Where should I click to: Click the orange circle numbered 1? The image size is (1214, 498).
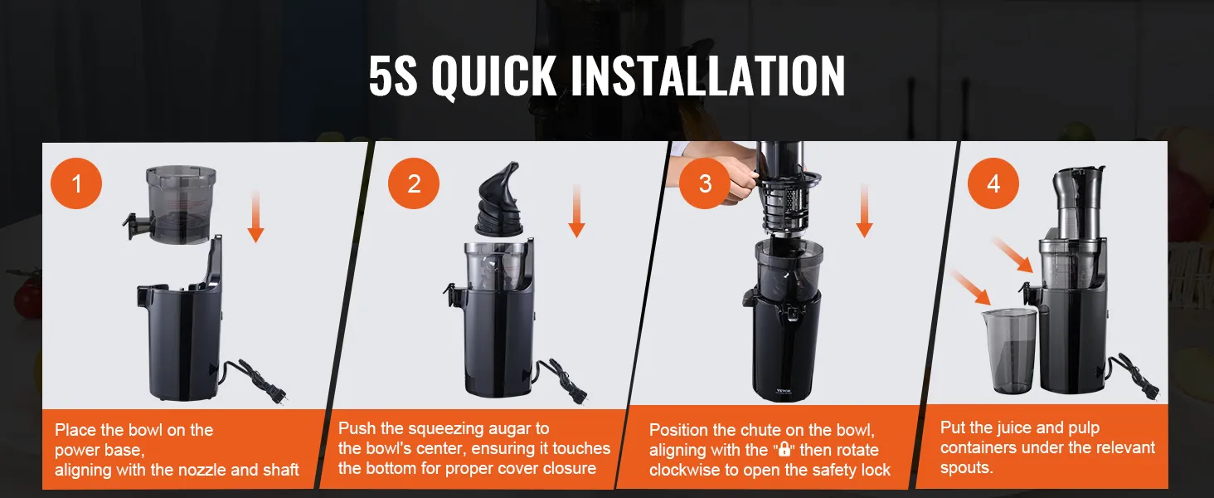coord(76,183)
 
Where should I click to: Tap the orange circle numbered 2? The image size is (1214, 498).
coord(414,183)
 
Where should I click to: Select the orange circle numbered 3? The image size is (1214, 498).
coord(705,183)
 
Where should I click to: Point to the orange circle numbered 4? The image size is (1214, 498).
coord(993,183)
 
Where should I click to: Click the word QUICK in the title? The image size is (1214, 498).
coord(493,76)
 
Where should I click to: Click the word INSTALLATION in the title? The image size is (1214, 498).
coord(708,76)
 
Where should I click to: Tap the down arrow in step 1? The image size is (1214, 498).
coord(255,216)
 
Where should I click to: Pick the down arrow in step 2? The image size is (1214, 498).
coord(576,211)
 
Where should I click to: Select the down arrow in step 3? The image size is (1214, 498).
coord(864,211)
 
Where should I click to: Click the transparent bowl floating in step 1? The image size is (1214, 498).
coord(173,204)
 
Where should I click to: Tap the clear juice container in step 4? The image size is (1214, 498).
coord(1009,350)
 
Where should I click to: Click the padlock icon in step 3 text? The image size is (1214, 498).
coord(784,449)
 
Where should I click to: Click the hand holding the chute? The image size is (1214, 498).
coord(726,179)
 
